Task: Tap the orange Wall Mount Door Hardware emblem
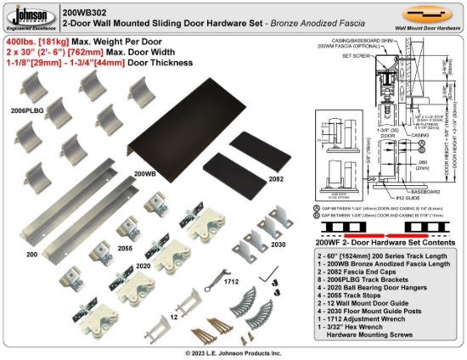(426, 14)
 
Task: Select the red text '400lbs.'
(21, 41)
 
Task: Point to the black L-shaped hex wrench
(269, 275)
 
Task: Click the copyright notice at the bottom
(233, 352)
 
